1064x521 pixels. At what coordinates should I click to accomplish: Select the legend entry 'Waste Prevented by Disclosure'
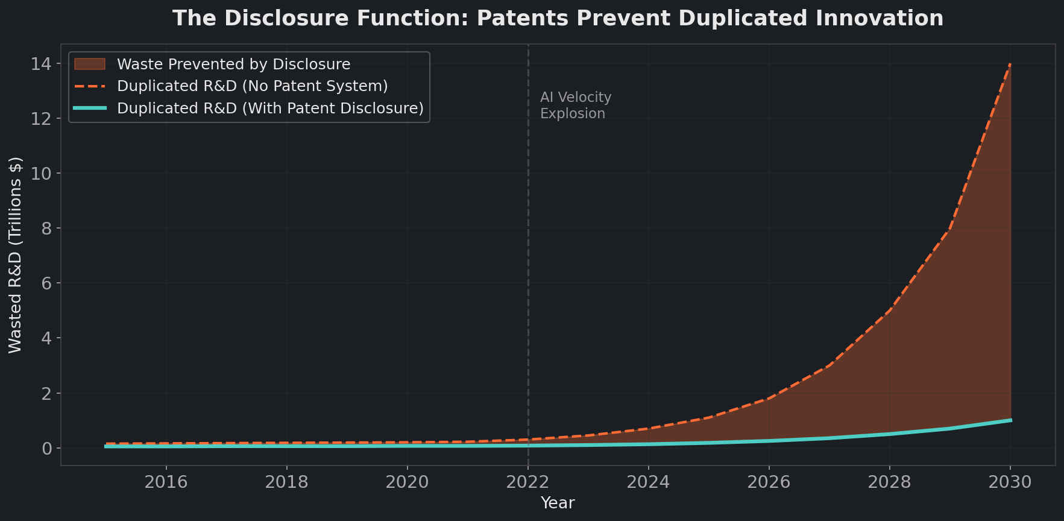(233, 64)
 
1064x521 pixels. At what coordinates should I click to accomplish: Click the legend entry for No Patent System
(252, 86)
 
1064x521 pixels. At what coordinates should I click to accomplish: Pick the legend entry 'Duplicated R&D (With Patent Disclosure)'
(270, 109)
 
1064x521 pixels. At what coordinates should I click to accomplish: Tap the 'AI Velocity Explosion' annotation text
(575, 106)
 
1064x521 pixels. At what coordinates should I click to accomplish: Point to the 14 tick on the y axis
(42, 63)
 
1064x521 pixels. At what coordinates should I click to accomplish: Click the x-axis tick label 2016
(166, 482)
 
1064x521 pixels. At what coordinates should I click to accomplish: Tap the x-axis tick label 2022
(528, 482)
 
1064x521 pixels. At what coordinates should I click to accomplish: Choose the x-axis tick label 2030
(1010, 482)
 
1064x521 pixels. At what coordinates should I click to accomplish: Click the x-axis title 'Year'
(558, 503)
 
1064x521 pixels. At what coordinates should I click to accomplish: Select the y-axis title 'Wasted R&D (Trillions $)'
(15, 254)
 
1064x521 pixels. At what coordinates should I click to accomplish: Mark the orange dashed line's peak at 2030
(1010, 63)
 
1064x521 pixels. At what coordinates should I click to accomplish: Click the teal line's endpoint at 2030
(1010, 420)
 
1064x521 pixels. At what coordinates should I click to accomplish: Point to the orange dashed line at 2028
(890, 311)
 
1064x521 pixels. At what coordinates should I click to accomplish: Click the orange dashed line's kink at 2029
(950, 229)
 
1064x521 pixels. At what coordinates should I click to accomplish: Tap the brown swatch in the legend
(90, 64)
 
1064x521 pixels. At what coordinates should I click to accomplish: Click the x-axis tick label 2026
(769, 482)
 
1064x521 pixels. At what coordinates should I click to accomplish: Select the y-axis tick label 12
(42, 119)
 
